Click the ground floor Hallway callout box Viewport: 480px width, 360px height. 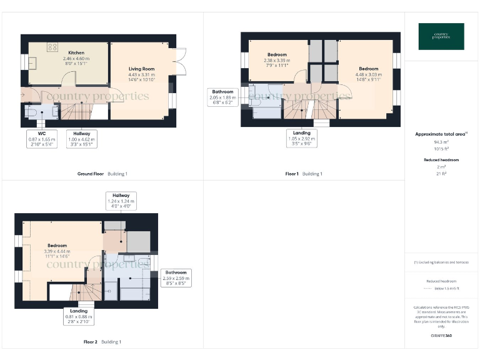pyautogui.click(x=81, y=138)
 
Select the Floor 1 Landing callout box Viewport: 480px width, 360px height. pyautogui.click(x=302, y=137)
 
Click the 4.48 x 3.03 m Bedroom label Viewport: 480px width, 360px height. pyautogui.click(x=369, y=73)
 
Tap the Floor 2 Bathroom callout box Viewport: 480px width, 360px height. pyautogui.click(x=176, y=277)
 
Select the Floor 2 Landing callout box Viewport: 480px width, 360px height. pyautogui.click(x=79, y=316)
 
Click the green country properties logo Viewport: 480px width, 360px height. pyautogui.click(x=441, y=36)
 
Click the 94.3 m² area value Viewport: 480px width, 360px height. pyautogui.click(x=441, y=142)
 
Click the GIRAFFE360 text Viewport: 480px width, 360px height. pyautogui.click(x=441, y=337)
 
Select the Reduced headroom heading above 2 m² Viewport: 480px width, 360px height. pyautogui.click(x=441, y=160)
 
